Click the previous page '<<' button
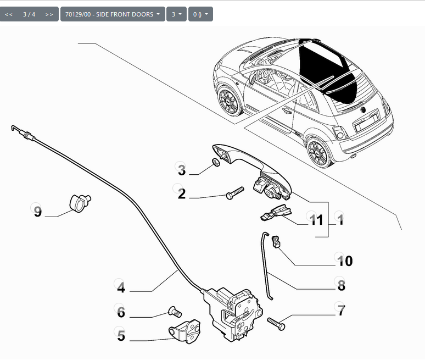coord(9,14)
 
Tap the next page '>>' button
coord(49,14)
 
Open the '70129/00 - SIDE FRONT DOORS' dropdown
coord(113,14)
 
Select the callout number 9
coord(38,212)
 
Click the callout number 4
coord(121,287)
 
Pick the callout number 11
coord(316,220)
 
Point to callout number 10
coord(345,261)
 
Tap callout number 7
coord(341,311)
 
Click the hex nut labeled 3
coord(215,162)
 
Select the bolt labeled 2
coord(234,193)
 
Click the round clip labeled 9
coord(80,203)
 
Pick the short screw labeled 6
coord(175,312)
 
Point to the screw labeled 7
coord(276,324)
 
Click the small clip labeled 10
coord(276,241)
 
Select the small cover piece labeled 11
coord(276,212)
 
